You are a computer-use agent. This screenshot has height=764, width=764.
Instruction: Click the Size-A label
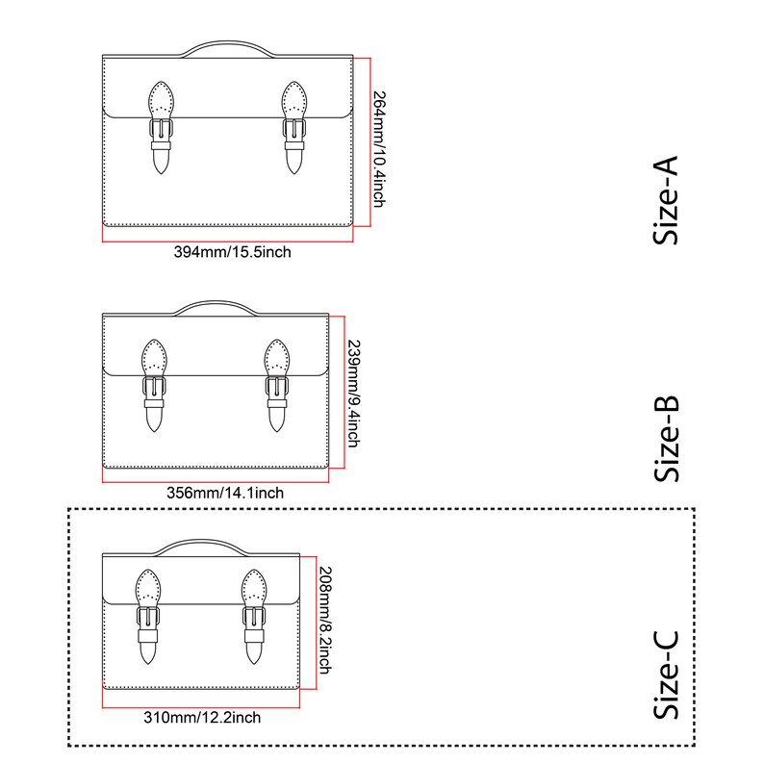coord(666,200)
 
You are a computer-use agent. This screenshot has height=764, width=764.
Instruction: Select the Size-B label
coord(666,439)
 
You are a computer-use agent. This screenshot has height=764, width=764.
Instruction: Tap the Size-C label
coord(666,675)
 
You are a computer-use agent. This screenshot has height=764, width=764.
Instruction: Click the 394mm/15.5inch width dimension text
coord(233,252)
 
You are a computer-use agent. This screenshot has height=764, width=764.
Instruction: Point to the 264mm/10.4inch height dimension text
coord(379,149)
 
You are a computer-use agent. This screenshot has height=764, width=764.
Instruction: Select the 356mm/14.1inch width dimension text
coord(225,493)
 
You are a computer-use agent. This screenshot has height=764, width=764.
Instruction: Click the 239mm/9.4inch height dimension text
coord(354,394)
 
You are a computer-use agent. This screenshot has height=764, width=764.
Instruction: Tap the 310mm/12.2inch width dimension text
coord(202,717)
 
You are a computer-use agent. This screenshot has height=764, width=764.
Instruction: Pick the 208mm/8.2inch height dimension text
coord(325,621)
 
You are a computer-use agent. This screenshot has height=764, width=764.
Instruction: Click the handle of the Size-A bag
coord(227,42)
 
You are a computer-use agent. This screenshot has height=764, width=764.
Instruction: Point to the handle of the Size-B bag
coord(216,302)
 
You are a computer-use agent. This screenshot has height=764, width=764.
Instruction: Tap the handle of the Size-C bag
coord(201,541)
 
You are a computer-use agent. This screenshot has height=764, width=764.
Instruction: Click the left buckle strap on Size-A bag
coord(161,128)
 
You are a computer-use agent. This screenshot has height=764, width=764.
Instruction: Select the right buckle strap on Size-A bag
coord(294,128)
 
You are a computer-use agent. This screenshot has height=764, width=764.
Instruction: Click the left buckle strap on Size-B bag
coord(154,386)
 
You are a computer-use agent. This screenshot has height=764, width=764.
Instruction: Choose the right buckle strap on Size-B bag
coord(277,386)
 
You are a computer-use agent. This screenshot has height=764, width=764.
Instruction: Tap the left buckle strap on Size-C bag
coord(148,617)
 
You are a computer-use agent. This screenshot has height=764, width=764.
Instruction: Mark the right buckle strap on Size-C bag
coord(254,617)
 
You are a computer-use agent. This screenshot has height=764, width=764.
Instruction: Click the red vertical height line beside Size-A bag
coord(370,142)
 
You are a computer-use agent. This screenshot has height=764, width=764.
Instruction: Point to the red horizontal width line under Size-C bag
coord(201,707)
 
